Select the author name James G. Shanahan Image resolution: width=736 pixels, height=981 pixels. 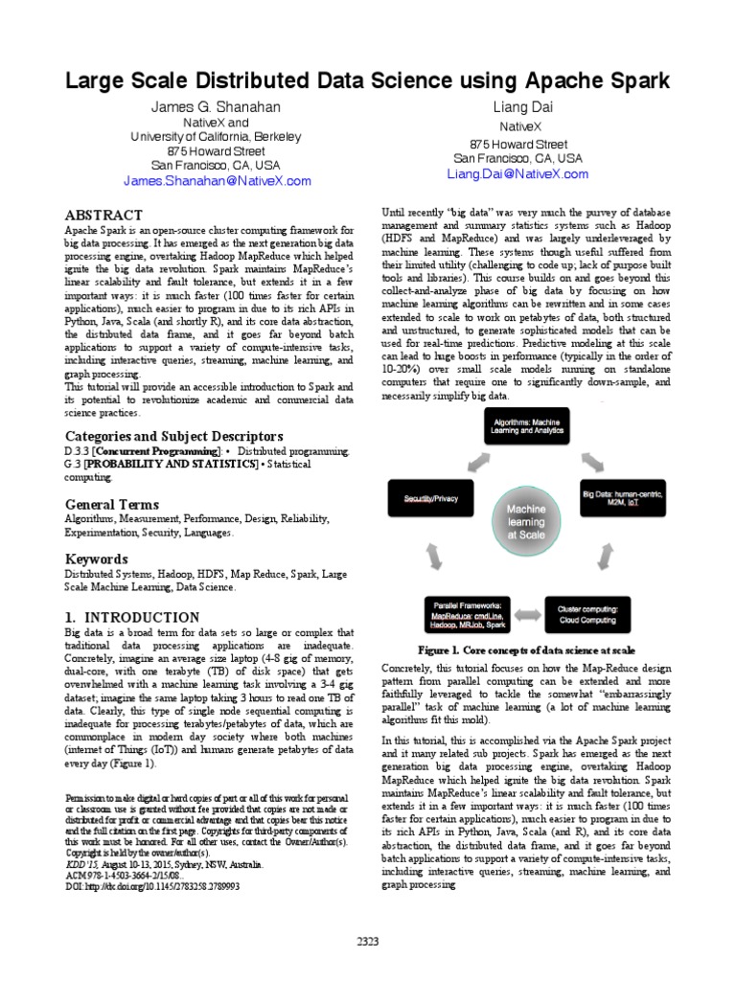click(216, 106)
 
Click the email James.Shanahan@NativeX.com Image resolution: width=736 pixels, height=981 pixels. click(217, 180)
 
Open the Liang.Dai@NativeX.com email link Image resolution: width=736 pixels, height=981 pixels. click(517, 174)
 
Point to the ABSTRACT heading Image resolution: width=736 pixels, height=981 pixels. click(103, 215)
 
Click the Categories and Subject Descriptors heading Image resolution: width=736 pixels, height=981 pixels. click(173, 436)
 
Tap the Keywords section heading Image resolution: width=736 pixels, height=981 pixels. click(96, 559)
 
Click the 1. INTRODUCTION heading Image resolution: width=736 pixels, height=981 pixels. click(132, 617)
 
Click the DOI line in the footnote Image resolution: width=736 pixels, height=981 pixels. click(151, 888)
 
